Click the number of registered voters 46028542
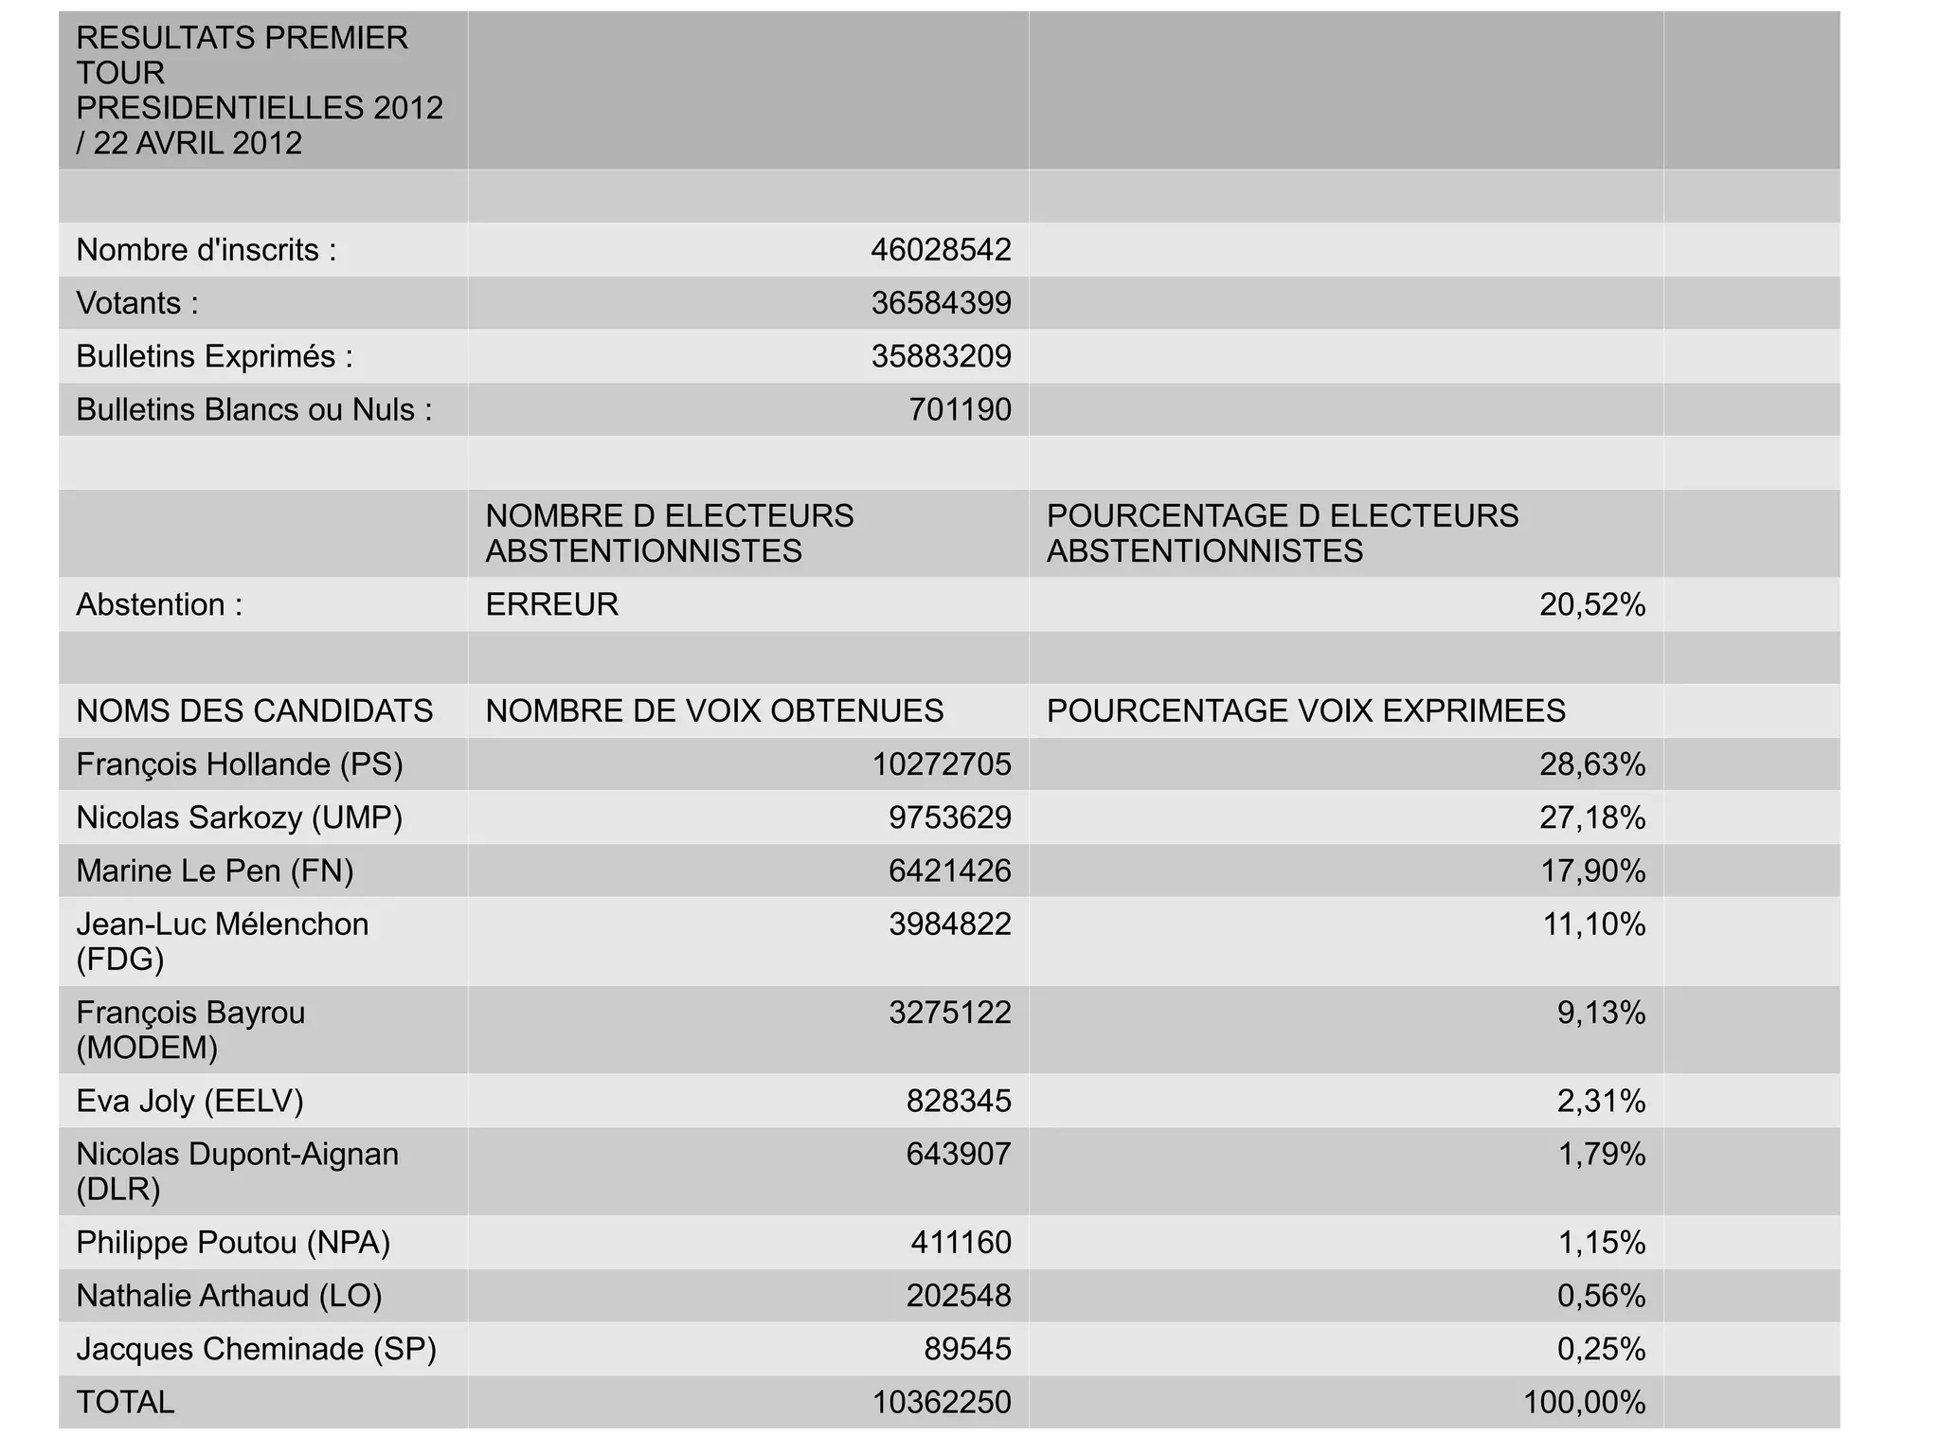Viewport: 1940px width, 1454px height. [x=941, y=250]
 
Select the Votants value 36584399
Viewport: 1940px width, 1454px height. [x=941, y=303]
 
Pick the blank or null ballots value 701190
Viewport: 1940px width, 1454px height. [x=960, y=409]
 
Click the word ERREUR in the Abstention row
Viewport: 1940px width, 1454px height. [x=551, y=604]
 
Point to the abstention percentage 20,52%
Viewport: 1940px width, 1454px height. [x=1591, y=604]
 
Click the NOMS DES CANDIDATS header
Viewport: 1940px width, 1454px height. [x=254, y=710]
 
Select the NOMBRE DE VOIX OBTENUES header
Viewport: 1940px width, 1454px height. [x=714, y=710]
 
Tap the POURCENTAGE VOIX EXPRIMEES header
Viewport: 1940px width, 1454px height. [x=1305, y=710]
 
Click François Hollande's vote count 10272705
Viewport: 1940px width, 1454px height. [x=941, y=763]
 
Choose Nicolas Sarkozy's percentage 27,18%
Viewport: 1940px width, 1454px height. [x=1591, y=817]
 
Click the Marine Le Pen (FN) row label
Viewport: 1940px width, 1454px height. [x=215, y=871]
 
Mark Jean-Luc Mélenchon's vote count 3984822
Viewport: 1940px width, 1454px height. [x=949, y=924]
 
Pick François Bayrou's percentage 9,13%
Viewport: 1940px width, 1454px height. [x=1601, y=1013]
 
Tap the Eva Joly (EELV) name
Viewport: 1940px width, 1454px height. [x=189, y=1101]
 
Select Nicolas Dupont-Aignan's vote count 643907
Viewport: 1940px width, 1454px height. [x=959, y=1154]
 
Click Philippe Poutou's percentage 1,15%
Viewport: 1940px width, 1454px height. [x=1601, y=1242]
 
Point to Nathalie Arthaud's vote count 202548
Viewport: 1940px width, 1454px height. [x=959, y=1295]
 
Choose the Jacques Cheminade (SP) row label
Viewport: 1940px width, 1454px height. [x=256, y=1349]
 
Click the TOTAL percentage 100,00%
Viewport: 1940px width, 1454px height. [x=1584, y=1402]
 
